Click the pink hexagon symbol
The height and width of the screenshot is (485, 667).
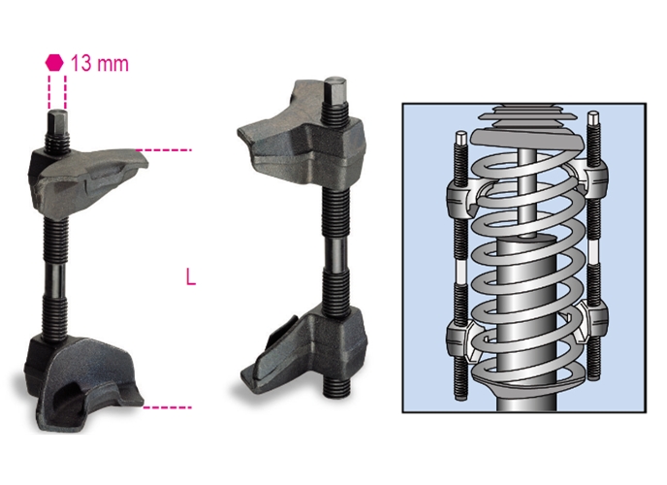[54, 62]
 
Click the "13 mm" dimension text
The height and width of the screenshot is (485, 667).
[100, 63]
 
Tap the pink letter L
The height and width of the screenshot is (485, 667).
[191, 277]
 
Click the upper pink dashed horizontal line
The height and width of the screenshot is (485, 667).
[163, 150]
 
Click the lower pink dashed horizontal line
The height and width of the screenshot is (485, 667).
[167, 407]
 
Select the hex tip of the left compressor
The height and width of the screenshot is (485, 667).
[57, 122]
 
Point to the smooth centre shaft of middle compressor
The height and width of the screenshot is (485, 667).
[336, 253]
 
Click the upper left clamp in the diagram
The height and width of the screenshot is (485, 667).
[462, 197]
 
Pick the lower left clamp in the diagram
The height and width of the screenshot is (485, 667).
[462, 339]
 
